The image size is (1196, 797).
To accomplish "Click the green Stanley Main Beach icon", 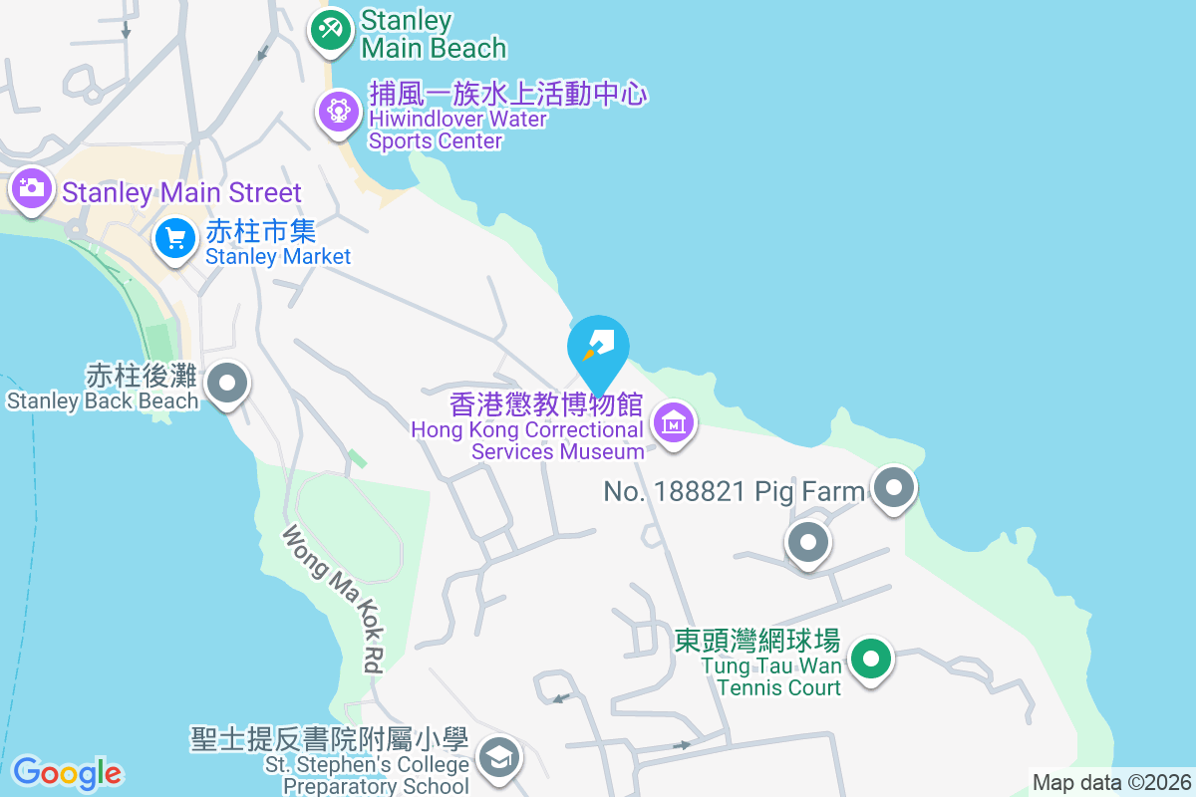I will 330,29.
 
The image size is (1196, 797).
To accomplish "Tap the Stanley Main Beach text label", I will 433,34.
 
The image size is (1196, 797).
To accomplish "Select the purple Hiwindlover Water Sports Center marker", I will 339,110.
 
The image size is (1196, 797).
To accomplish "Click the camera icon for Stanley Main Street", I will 32,187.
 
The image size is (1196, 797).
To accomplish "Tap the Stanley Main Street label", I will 181,192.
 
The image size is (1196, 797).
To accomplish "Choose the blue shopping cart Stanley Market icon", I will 176,239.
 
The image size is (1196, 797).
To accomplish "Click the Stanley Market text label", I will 277,243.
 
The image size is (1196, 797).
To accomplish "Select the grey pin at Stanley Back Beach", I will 228,382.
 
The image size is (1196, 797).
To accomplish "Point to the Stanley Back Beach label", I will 103,388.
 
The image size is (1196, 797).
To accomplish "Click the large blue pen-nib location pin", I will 598,349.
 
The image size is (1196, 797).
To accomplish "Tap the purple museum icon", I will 674,424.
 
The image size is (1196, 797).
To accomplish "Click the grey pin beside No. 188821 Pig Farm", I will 894,488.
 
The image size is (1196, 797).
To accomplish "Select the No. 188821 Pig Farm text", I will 735,491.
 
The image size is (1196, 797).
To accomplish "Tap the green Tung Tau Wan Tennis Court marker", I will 872,659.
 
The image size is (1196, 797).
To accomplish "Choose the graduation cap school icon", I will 497,758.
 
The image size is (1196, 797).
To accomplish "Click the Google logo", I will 67,773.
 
